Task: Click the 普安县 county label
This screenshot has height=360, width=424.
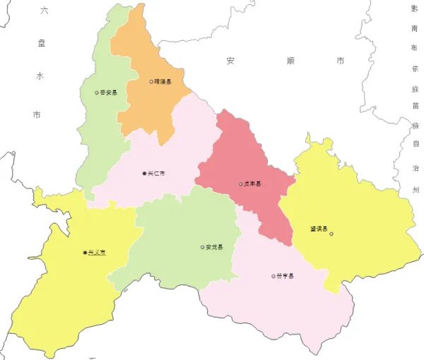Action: tap(109, 92)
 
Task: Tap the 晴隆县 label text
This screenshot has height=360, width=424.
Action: tap(163, 82)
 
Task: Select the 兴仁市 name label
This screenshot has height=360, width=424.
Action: tap(156, 174)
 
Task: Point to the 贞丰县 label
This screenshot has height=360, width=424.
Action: tap(252, 184)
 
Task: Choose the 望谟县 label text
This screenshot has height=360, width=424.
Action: tap(319, 228)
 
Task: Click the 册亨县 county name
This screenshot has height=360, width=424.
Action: tap(285, 276)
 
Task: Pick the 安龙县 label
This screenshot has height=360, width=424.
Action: tap(215, 247)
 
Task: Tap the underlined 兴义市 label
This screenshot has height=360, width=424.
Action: tap(97, 253)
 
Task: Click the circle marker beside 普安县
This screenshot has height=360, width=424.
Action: tap(97, 92)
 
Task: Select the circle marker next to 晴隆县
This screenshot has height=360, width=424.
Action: tap(151, 82)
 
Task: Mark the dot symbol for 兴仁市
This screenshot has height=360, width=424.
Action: tap(144, 174)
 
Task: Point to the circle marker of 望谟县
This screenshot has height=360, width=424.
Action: tap(331, 234)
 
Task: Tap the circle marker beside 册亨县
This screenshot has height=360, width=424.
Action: tap(273, 276)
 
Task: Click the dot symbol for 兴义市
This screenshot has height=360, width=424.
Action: tap(85, 253)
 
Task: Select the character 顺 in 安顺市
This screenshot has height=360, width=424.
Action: tap(285, 61)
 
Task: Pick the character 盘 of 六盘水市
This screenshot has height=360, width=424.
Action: tap(41, 44)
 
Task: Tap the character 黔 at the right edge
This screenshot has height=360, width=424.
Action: tap(414, 9)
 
